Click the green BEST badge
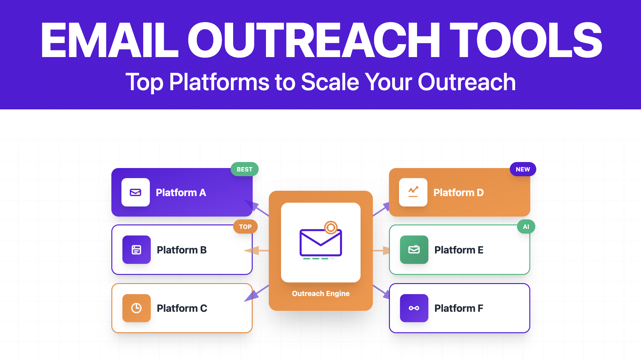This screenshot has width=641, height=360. (x=244, y=169)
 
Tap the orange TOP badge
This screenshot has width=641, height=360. (x=245, y=227)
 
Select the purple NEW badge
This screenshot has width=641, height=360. (x=523, y=169)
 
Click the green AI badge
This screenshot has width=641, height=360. (x=526, y=227)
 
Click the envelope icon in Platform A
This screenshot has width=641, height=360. (x=136, y=192)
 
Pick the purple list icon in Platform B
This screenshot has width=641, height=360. (x=136, y=250)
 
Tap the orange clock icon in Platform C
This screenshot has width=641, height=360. (x=136, y=308)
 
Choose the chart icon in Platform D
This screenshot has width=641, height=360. (x=413, y=192)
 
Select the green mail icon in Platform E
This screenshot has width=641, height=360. (x=414, y=250)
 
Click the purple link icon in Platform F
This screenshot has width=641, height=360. (x=414, y=308)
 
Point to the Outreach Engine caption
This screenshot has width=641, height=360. (x=320, y=293)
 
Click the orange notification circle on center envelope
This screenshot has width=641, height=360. (x=331, y=227)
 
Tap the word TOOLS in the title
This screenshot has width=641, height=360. (x=526, y=40)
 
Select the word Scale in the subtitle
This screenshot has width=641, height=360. (x=330, y=82)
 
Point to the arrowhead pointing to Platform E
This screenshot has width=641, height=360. (x=385, y=251)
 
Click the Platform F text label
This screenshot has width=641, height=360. (x=458, y=308)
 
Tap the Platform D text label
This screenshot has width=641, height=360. (x=458, y=192)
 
